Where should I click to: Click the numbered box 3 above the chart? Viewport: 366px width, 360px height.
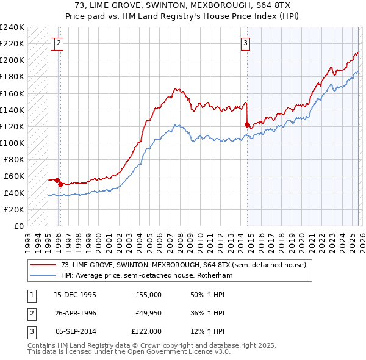coord(245,43)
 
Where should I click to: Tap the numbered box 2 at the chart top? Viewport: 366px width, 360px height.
coord(59,43)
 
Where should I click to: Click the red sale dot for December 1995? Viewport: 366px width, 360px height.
coord(57,180)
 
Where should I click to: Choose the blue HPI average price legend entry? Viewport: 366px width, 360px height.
coord(146,275)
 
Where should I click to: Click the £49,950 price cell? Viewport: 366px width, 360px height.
coord(148,313)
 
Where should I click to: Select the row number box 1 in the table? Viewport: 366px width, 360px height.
coord(31,295)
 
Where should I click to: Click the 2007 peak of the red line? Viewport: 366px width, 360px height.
coord(174,89)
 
